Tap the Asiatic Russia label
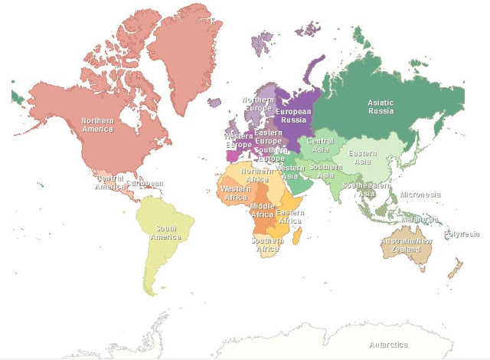pos(380,106)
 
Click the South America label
pos(166,232)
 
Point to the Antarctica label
pos(388,345)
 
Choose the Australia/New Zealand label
pos(406,246)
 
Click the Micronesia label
pos(420,195)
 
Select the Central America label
pos(109,182)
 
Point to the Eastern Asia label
pos(362,158)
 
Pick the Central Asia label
pos(320,146)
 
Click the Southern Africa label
pos(266,244)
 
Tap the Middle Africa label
pos(263,211)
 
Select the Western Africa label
pos(234,192)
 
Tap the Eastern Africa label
pos(289,216)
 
